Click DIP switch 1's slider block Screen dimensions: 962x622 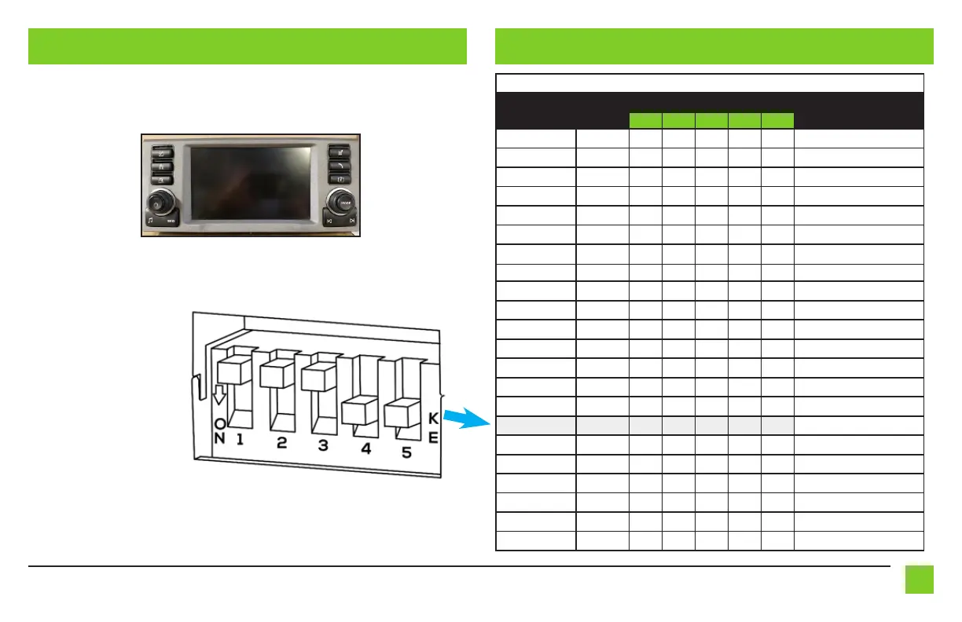pyautogui.click(x=234, y=371)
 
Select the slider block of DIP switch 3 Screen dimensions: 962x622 pyautogui.click(x=318, y=378)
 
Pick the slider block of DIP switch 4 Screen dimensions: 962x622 pyautogui.click(x=359, y=410)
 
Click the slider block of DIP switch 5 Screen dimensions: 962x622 pyautogui.click(x=401, y=413)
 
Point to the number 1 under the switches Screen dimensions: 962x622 pyautogui.click(x=240, y=440)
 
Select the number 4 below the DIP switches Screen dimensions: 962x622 pyautogui.click(x=365, y=450)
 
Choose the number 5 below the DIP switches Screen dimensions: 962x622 pyautogui.click(x=406, y=452)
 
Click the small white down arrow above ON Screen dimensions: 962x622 pyautogui.click(x=219, y=395)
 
